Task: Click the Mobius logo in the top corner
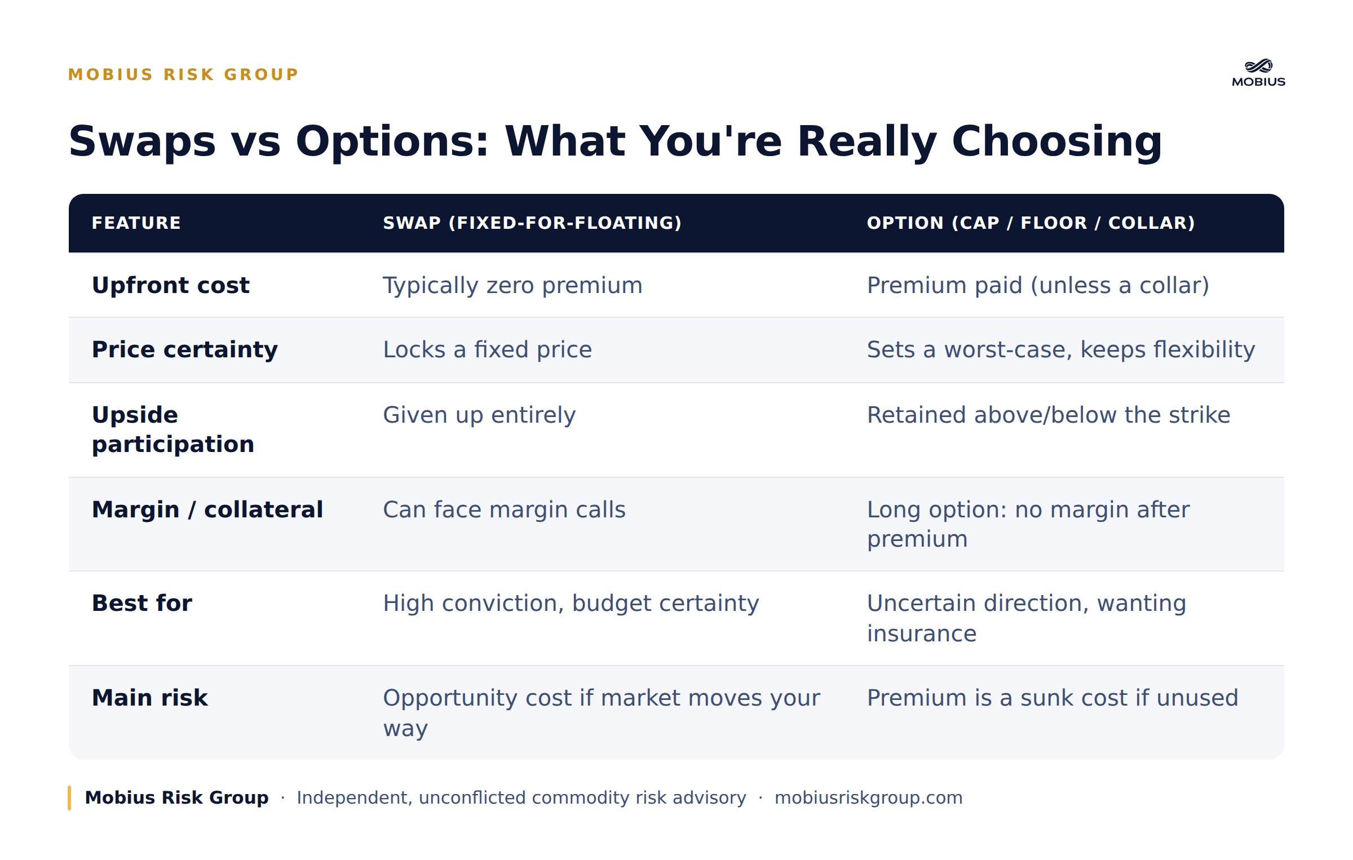click(1258, 73)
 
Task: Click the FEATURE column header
click(136, 223)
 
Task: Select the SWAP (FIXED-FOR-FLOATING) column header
click(532, 223)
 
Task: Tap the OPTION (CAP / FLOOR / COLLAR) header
click(1031, 223)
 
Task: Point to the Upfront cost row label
click(171, 285)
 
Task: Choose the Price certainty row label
click(185, 349)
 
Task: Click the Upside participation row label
click(173, 429)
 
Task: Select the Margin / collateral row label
click(207, 509)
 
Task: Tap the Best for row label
click(142, 603)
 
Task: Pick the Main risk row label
click(150, 698)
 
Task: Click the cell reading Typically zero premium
click(512, 286)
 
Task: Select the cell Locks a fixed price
click(488, 349)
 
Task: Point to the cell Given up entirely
click(479, 415)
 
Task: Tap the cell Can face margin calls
click(504, 510)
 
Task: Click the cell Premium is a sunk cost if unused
click(1053, 698)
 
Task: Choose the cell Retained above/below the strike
click(1049, 415)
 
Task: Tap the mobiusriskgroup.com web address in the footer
click(868, 798)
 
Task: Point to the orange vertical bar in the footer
click(69, 798)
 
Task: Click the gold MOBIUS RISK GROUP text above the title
click(183, 74)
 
